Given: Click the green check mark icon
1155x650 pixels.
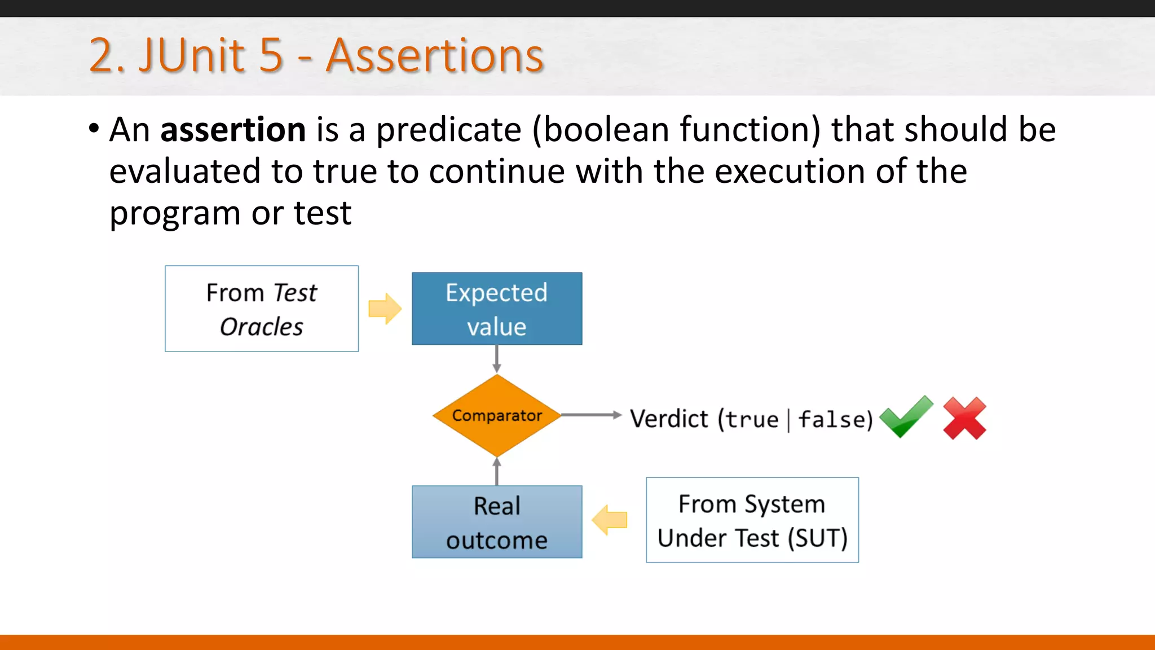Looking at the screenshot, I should click(x=906, y=418).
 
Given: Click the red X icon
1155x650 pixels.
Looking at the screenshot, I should click(x=964, y=418).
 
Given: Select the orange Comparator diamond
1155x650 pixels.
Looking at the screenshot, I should click(x=497, y=416).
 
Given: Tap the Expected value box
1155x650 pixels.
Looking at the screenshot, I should click(x=497, y=309).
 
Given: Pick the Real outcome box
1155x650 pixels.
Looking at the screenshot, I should click(x=497, y=522).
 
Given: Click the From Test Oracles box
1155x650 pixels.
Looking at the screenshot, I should click(x=262, y=309).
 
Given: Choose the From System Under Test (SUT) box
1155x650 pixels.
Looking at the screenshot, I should click(x=752, y=520).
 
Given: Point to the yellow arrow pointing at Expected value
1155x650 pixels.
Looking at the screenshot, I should click(x=385, y=309).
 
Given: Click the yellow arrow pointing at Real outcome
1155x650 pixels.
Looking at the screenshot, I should click(x=610, y=520).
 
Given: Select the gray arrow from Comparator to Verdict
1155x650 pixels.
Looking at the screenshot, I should click(x=591, y=415).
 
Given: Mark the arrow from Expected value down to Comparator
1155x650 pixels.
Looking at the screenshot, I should click(x=497, y=359).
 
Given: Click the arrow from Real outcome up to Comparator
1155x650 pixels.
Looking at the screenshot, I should click(x=497, y=472).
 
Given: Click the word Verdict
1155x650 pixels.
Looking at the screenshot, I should click(x=668, y=419).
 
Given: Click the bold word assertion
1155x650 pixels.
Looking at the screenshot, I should click(x=233, y=130).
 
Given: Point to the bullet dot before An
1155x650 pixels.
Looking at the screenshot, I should click(x=94, y=128).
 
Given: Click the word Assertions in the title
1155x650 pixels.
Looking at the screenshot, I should click(x=434, y=55).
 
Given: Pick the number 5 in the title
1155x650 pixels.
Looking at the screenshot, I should click(x=271, y=55).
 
